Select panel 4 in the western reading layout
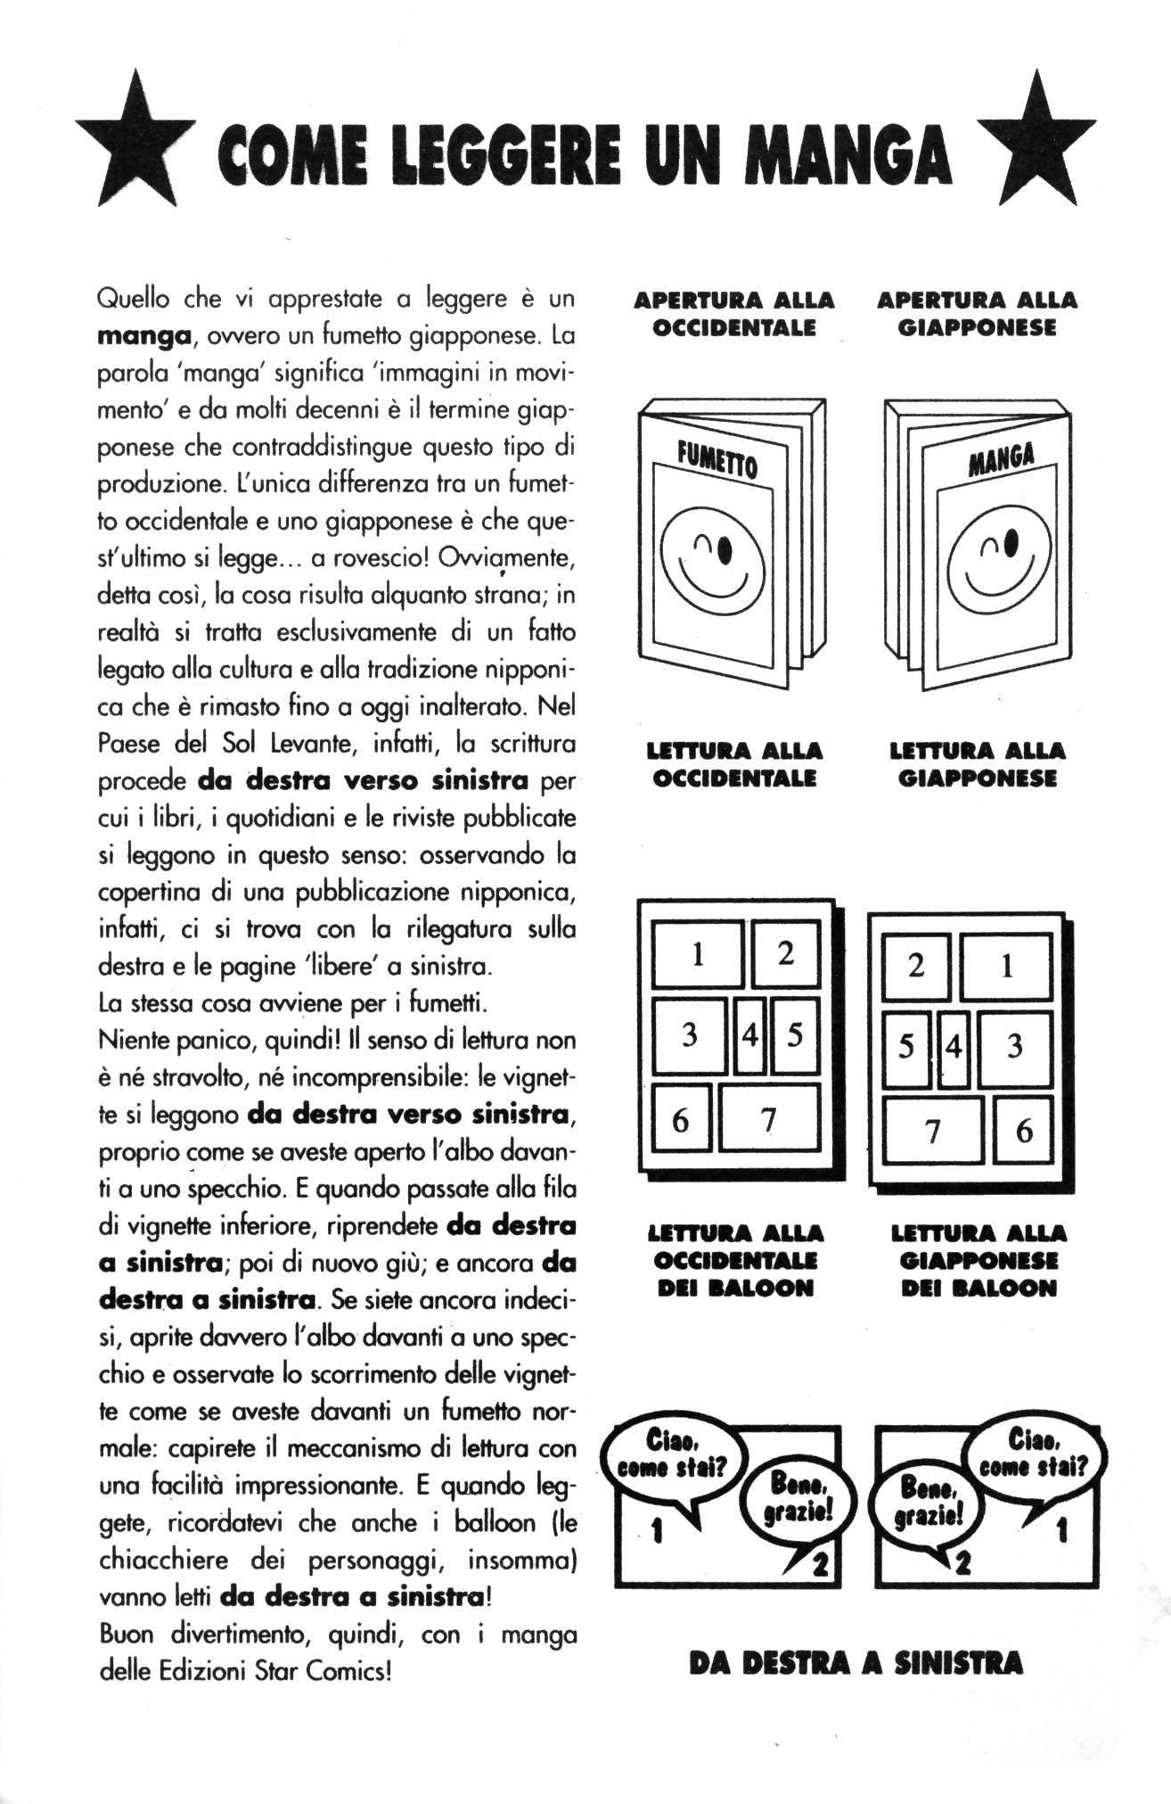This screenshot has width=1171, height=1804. pos(750,1037)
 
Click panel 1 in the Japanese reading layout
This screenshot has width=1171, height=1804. pos(1007,967)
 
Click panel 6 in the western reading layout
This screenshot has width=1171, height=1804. pos(680,1120)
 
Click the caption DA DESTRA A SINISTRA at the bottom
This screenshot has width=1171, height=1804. pos(855,1663)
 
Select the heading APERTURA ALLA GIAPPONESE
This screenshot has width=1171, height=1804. pos(977,314)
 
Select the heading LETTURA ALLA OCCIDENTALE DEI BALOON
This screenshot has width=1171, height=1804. pos(734,1260)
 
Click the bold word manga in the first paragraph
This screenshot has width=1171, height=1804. pos(143,336)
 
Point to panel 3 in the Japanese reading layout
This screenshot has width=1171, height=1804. pos(1014,1046)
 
